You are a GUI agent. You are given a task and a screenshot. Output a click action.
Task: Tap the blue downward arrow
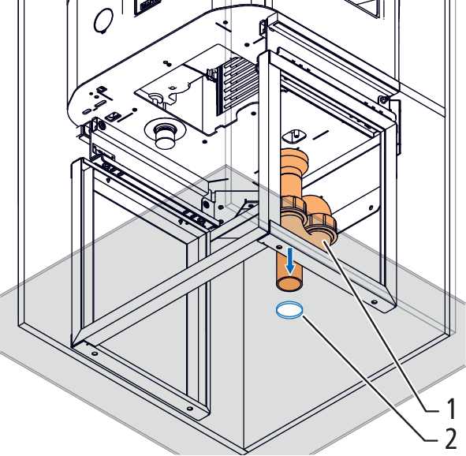click(x=290, y=261)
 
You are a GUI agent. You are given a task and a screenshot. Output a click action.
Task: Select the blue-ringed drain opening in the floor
click(x=289, y=310)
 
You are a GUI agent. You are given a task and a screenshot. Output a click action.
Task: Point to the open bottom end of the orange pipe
click(x=289, y=283)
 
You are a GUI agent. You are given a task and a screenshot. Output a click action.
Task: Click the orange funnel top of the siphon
click(x=294, y=158)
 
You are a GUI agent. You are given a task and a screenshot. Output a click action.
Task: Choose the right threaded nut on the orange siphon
click(x=321, y=223)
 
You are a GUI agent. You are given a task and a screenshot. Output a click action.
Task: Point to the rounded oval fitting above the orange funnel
click(x=295, y=136)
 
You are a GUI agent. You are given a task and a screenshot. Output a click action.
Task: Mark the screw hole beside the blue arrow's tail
click(x=279, y=247)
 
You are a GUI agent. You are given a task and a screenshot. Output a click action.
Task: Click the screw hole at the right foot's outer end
click(x=375, y=302)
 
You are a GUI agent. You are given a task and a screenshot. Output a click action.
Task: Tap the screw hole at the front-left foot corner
click(x=189, y=409)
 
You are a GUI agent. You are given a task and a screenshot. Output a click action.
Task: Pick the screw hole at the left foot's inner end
click(x=95, y=353)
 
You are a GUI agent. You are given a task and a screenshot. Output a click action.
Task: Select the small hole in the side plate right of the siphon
click(x=371, y=207)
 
